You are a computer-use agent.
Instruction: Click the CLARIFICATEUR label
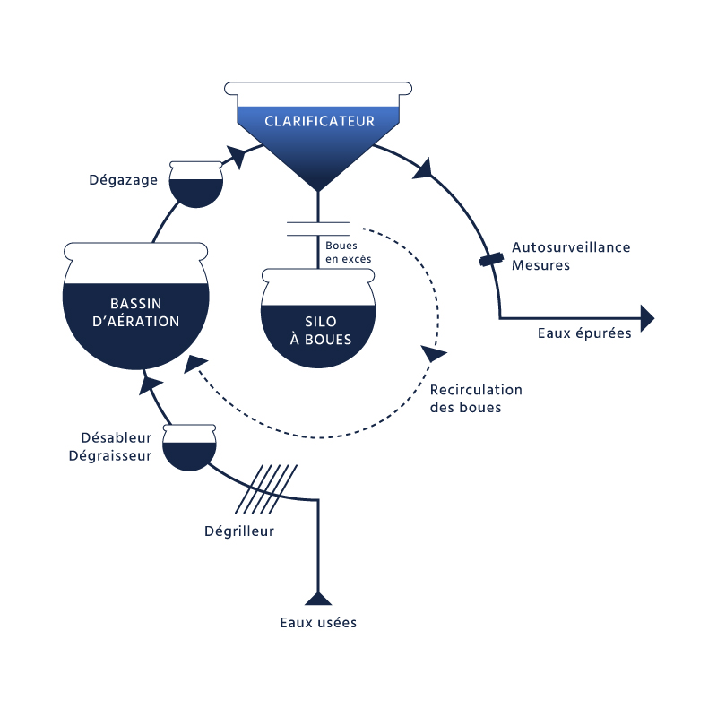(x=319, y=121)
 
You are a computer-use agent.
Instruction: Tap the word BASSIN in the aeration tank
(x=136, y=304)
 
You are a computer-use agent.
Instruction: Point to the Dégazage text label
(x=123, y=180)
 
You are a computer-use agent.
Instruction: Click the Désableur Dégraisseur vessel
(x=189, y=447)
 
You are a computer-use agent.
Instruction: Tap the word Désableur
(x=117, y=437)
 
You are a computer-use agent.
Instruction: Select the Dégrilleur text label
(x=239, y=531)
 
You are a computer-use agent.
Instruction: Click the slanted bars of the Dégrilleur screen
(x=266, y=489)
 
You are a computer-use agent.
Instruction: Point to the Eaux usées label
(x=318, y=622)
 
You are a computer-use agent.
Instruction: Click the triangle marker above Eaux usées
(x=318, y=598)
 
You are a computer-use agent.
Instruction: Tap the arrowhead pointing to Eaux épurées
(x=647, y=318)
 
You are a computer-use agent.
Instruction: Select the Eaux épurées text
(x=584, y=333)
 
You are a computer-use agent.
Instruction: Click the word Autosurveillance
(x=571, y=247)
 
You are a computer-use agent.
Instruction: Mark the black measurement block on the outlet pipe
(x=491, y=260)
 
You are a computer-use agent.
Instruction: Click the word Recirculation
(x=476, y=390)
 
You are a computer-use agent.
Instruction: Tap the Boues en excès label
(x=348, y=252)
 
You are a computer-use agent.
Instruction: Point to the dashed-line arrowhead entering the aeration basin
(x=194, y=364)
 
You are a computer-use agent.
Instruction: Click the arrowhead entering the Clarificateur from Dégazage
(x=236, y=156)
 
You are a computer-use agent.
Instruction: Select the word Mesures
(x=541, y=265)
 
